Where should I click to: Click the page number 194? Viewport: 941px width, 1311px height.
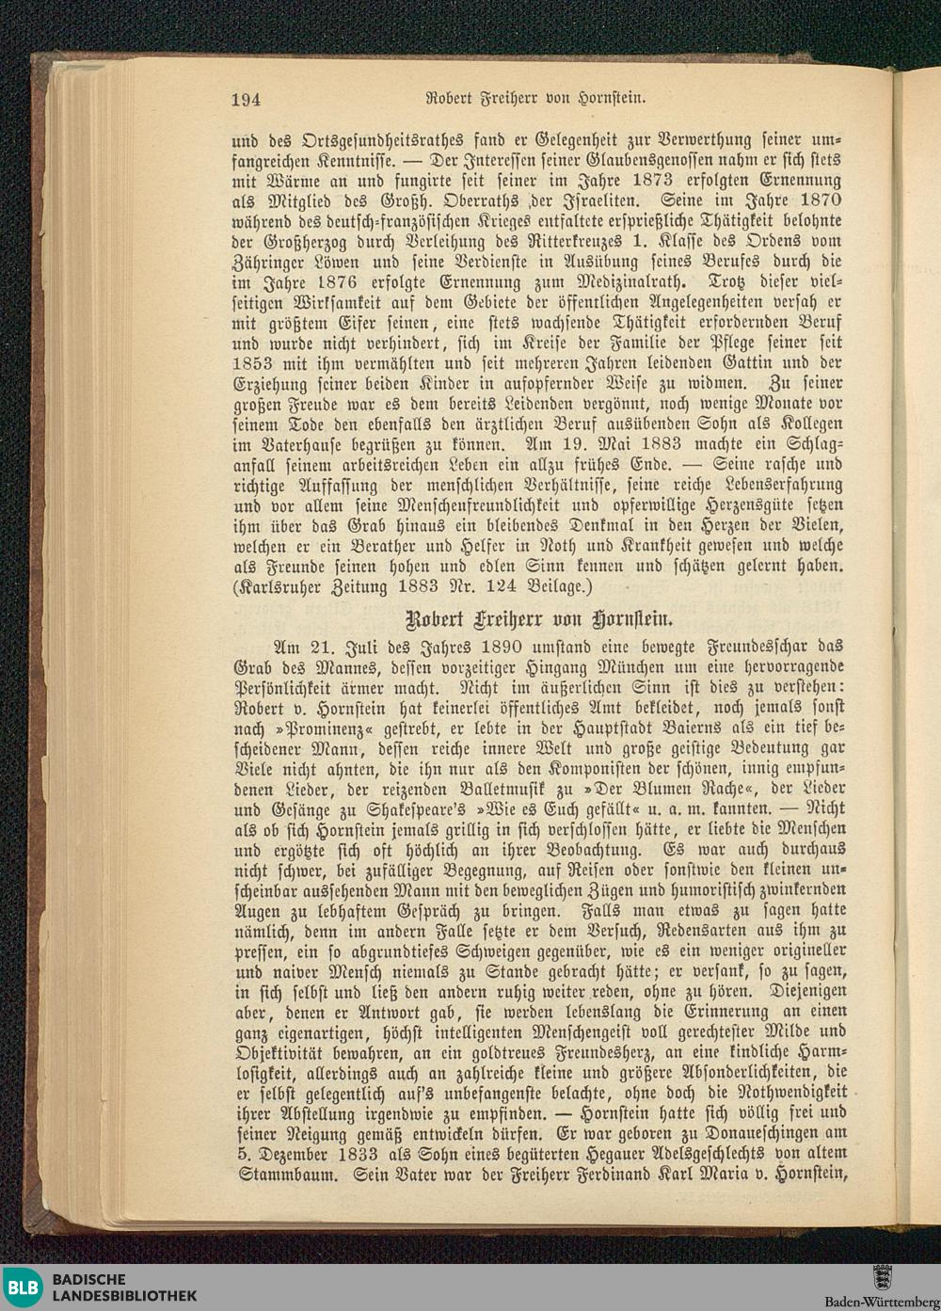[245, 99]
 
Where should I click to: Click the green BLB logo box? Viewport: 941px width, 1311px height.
[23, 1287]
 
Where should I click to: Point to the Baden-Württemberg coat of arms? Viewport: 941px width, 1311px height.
[882, 1279]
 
